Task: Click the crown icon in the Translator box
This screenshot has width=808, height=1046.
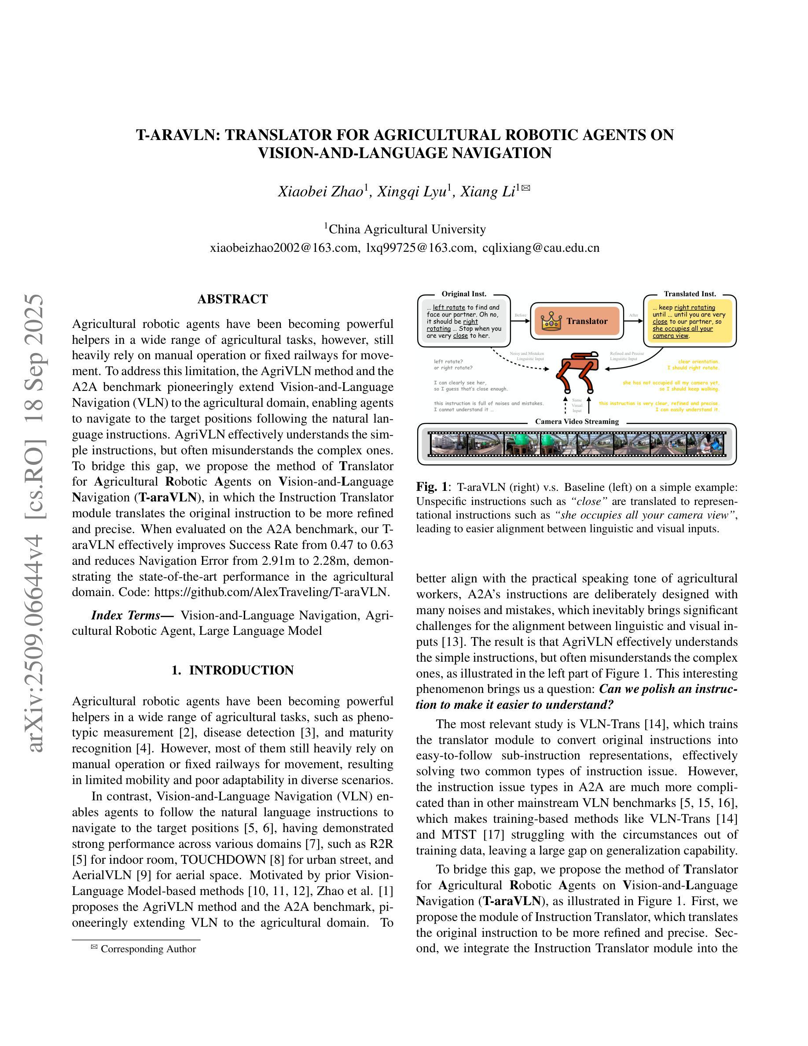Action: tap(551, 321)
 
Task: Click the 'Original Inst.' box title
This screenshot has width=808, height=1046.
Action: tap(463, 294)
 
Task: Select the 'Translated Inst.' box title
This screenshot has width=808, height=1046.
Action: tap(690, 294)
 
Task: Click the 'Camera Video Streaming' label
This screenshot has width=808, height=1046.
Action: tap(577, 421)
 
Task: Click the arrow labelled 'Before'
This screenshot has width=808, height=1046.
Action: tap(521, 321)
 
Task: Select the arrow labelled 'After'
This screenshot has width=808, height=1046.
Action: tap(634, 321)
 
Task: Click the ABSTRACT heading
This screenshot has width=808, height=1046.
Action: tap(233, 299)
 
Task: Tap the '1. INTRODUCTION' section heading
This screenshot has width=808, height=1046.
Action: tap(233, 670)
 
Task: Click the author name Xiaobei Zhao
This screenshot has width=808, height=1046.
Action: tap(320, 192)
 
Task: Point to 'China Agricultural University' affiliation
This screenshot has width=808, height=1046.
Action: tap(407, 229)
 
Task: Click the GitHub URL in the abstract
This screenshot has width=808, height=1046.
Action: tap(271, 592)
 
